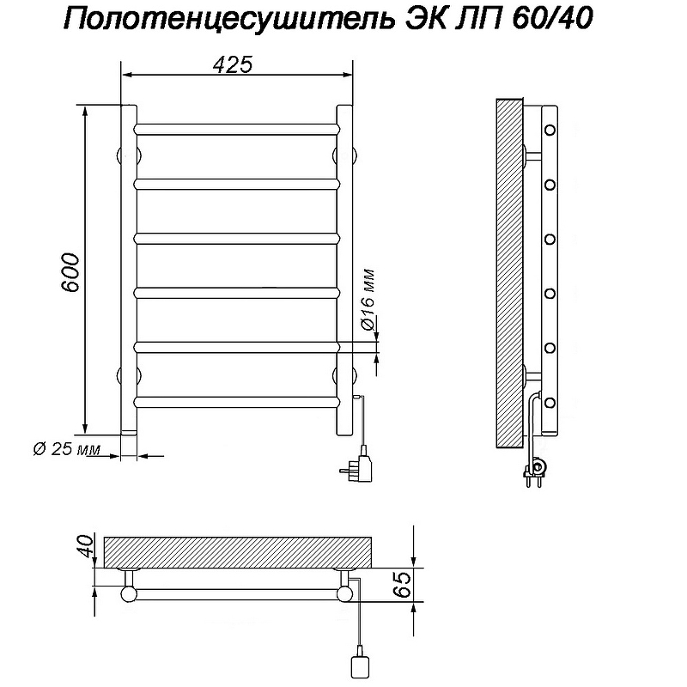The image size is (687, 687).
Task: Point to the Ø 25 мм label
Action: click(65, 450)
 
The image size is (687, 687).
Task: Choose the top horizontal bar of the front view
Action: click(236, 129)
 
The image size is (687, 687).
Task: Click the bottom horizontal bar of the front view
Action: click(236, 400)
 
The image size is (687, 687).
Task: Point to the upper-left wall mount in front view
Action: click(120, 155)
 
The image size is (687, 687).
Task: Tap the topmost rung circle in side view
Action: click(550, 130)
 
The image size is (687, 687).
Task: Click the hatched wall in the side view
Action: click(509, 275)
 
